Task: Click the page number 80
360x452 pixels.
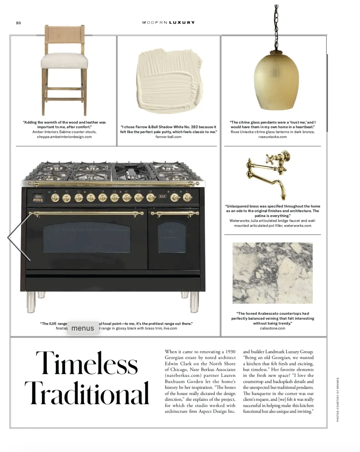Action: [x=18, y=23]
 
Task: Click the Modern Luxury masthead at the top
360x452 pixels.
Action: [x=168, y=22]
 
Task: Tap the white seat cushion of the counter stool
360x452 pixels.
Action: [x=65, y=61]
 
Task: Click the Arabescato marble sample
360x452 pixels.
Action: [x=272, y=273]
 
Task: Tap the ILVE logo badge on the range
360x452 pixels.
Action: [x=162, y=196]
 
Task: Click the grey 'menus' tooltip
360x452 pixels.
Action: [x=83, y=328]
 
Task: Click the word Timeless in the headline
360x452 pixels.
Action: [x=87, y=364]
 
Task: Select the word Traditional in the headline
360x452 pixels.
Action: [x=87, y=393]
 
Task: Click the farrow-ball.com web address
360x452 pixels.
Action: [x=168, y=137]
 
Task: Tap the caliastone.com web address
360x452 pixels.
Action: [x=272, y=328]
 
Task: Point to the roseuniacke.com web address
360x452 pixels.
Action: [x=272, y=137]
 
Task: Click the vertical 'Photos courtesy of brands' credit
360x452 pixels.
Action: [x=338, y=399]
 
